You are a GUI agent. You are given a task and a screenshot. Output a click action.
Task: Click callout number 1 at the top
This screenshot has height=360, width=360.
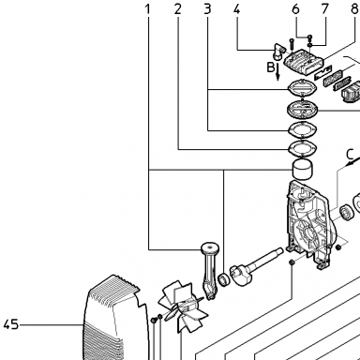click(x=148, y=9)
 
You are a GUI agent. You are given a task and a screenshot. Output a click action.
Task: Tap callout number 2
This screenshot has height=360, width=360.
click(x=178, y=9)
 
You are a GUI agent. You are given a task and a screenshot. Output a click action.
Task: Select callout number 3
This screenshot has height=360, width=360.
click(x=207, y=9)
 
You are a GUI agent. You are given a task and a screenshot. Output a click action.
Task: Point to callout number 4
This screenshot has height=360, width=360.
click(x=237, y=9)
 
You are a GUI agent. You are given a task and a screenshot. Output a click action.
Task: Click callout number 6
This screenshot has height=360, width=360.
click(x=295, y=9)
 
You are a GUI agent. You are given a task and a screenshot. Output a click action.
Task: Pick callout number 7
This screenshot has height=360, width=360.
click(x=325, y=9)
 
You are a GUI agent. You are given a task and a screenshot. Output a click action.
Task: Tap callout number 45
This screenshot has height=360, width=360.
click(x=11, y=324)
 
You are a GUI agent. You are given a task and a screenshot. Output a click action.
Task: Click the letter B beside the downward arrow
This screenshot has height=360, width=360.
click(x=271, y=67)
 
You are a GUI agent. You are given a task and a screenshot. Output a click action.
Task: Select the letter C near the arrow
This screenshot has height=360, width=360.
click(x=350, y=155)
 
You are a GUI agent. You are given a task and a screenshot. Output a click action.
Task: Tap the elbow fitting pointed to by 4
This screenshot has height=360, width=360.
click(x=278, y=52)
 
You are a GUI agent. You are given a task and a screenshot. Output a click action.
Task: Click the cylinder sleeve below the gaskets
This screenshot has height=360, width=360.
click(x=302, y=170)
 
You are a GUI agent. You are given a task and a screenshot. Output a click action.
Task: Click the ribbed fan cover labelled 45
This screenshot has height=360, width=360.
click(x=115, y=318)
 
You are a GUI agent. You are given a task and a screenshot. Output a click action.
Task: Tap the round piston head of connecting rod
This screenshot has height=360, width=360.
click(x=210, y=248)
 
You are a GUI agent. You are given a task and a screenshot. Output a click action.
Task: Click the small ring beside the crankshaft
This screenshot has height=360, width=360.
click(x=224, y=279)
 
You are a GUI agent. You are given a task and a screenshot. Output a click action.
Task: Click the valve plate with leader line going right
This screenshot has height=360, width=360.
click(x=303, y=109)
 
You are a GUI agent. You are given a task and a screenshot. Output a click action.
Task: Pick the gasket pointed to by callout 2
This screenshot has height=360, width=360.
click(x=303, y=147)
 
